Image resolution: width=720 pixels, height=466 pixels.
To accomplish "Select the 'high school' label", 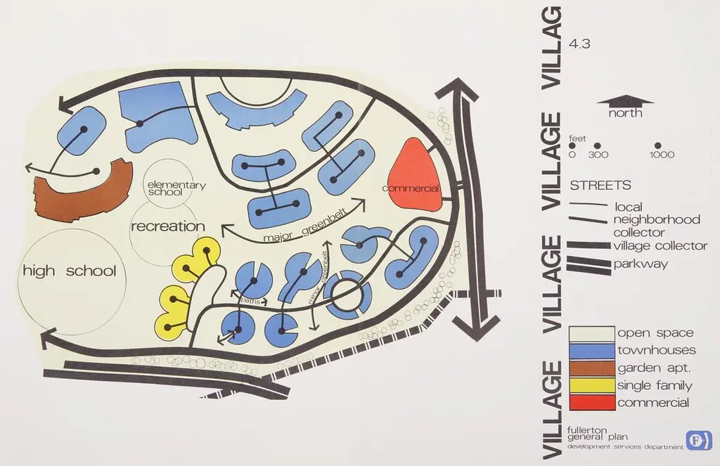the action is point(70,271).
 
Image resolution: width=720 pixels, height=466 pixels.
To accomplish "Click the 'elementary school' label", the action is point(176,188).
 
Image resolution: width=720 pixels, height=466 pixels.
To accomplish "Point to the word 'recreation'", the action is point(168,226).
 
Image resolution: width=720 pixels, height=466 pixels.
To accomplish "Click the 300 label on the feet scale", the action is point(598,155).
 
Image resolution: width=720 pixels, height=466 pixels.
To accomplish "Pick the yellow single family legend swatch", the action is point(592,386).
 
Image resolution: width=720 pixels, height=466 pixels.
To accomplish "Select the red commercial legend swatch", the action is point(592,402).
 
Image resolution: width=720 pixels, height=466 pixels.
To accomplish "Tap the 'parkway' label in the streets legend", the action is point(641,264).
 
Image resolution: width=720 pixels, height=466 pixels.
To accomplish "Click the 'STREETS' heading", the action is point(600,185).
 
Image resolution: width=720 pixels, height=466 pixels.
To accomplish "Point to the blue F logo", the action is point(699,440).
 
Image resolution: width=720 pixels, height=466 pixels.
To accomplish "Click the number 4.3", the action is point(579,44).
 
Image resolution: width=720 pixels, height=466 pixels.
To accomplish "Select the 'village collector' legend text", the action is point(660,245).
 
